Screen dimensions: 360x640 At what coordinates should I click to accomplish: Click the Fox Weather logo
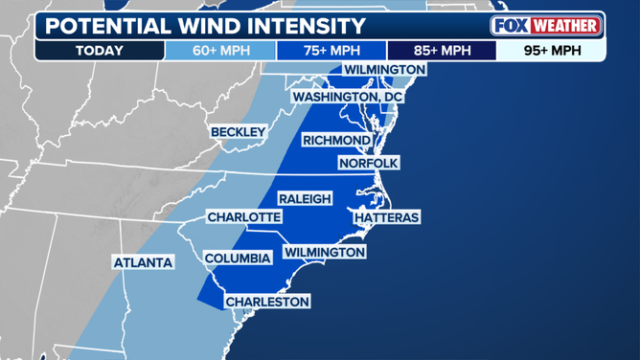pyautogui.click(x=546, y=25)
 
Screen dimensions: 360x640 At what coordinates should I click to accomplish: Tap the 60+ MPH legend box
pyautogui.click(x=220, y=50)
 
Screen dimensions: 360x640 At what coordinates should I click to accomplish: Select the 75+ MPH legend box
pyautogui.click(x=331, y=50)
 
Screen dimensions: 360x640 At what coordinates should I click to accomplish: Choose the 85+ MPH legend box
pyautogui.click(x=441, y=50)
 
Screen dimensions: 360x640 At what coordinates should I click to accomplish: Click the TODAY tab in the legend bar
pyautogui.click(x=101, y=50)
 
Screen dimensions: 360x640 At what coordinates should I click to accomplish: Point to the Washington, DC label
pyautogui.click(x=348, y=97)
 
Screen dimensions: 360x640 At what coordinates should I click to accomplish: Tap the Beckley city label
pyautogui.click(x=238, y=131)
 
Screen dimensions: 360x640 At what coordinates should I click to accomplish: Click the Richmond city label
pyautogui.click(x=336, y=141)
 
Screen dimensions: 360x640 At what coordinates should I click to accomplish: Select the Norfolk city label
pyautogui.click(x=368, y=163)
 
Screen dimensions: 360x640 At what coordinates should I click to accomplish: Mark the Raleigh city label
pyautogui.click(x=305, y=198)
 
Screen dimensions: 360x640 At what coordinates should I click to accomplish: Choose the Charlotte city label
pyautogui.click(x=243, y=217)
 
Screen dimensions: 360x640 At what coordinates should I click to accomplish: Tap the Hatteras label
pyautogui.click(x=386, y=217)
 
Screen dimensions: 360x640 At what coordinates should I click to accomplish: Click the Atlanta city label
pyautogui.click(x=143, y=261)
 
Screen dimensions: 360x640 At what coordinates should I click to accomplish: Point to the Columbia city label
pyautogui.click(x=238, y=258)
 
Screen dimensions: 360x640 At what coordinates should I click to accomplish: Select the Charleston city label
pyautogui.click(x=267, y=302)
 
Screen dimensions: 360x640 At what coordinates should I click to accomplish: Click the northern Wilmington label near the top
pyautogui.click(x=384, y=70)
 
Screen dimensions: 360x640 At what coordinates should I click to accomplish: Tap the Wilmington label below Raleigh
pyautogui.click(x=324, y=252)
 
